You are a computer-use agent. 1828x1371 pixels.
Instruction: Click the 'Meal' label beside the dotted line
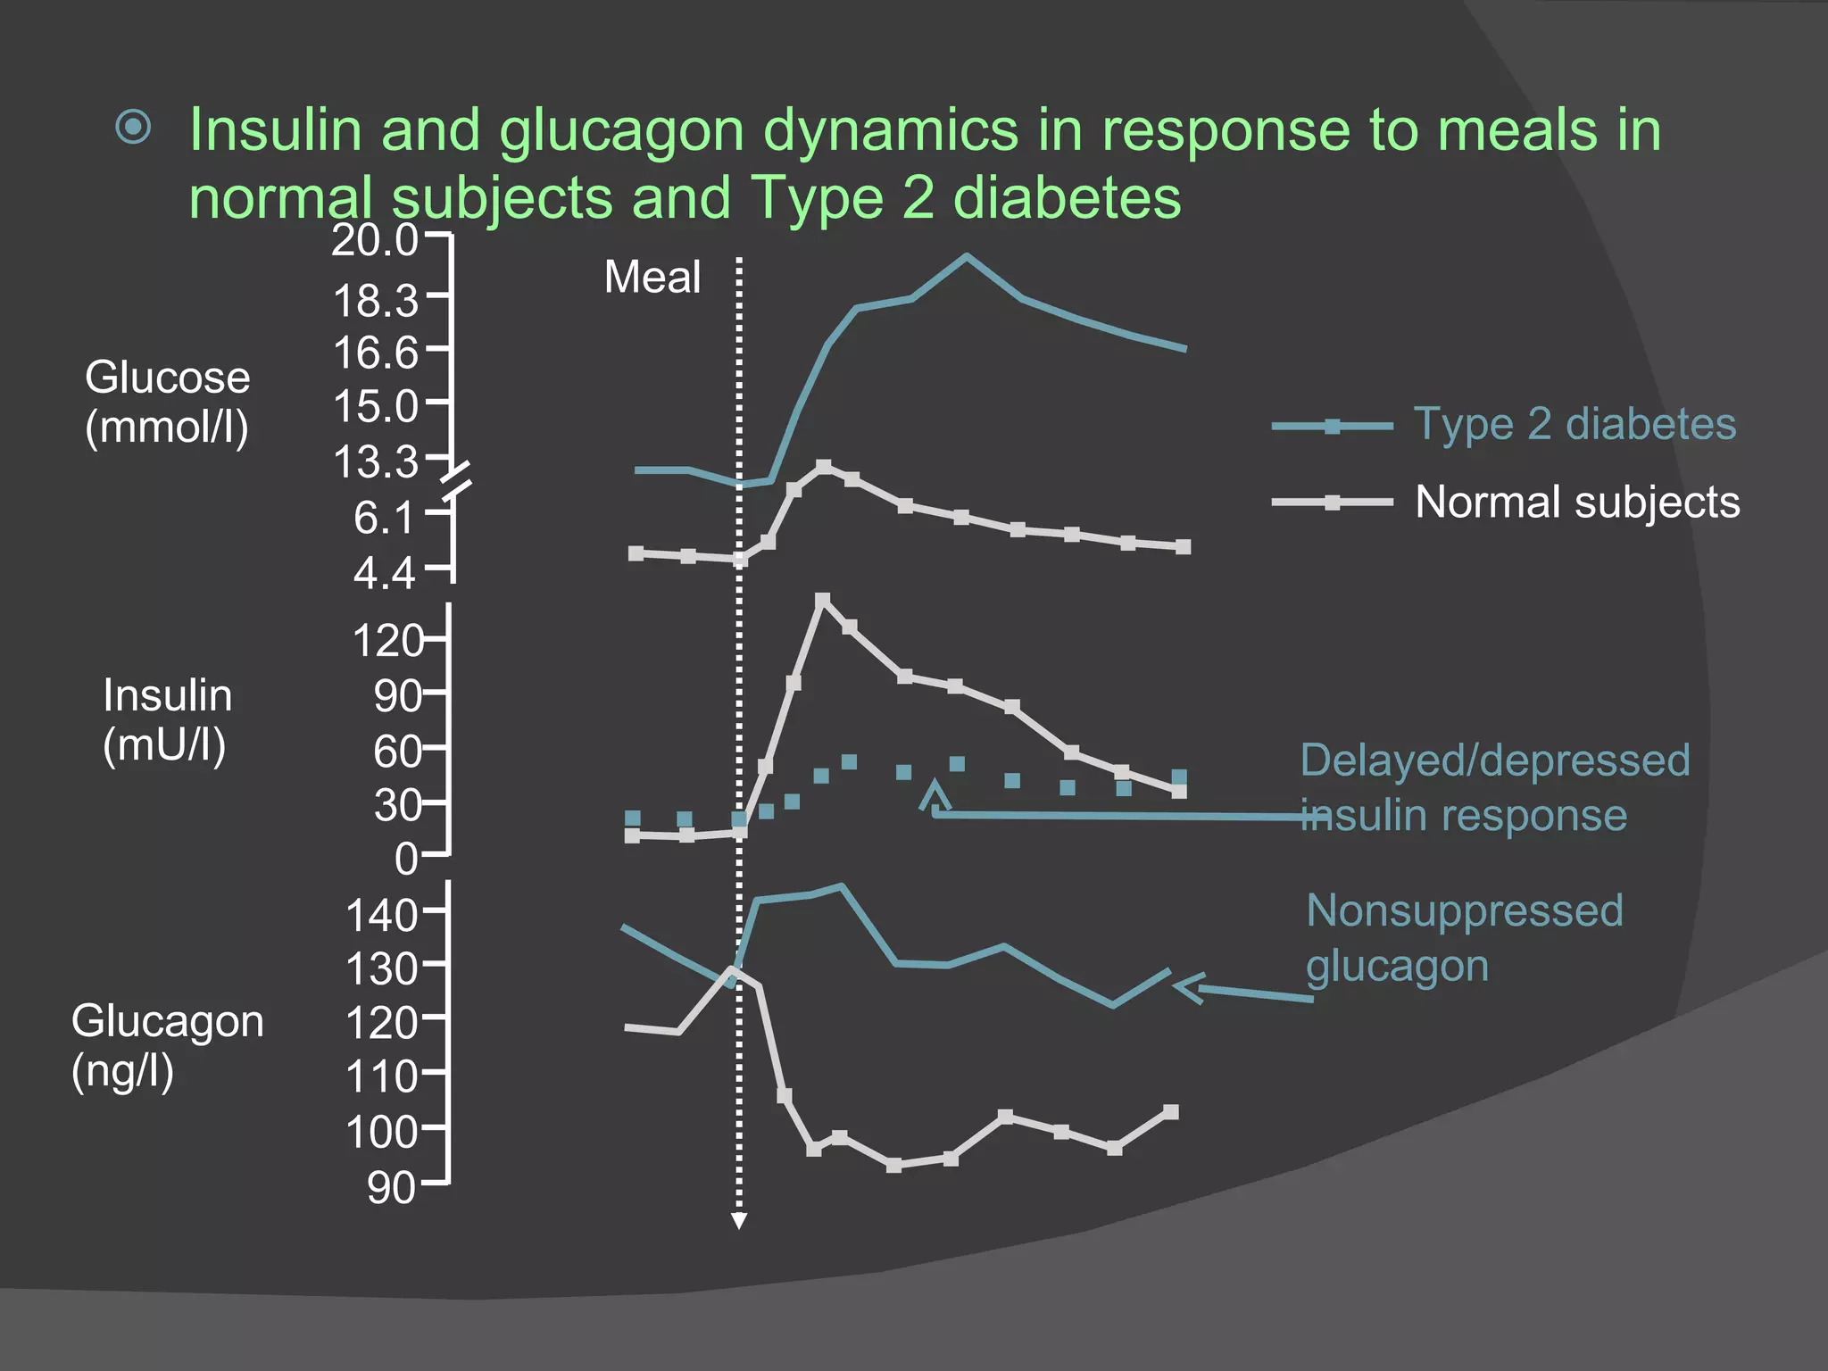click(652, 277)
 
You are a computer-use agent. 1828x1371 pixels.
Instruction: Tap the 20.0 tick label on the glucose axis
click(375, 241)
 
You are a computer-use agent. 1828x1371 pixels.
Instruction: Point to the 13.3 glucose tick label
click(376, 462)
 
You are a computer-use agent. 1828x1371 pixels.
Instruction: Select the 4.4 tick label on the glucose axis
click(385, 573)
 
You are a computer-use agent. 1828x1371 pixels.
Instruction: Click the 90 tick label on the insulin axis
click(397, 696)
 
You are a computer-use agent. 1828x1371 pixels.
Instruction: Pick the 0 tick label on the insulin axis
click(406, 860)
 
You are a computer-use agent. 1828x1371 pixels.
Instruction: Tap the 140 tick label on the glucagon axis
click(382, 916)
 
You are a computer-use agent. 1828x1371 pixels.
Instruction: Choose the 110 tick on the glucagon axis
click(382, 1077)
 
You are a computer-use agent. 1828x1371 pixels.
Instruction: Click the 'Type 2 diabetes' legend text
click(1575, 424)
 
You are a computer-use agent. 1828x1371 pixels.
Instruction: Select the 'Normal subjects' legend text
click(1577, 502)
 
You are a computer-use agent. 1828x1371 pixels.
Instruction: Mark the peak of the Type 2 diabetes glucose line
click(966, 256)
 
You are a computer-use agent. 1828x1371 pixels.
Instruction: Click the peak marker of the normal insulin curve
click(823, 600)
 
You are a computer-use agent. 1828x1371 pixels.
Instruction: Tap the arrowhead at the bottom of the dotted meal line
click(739, 1221)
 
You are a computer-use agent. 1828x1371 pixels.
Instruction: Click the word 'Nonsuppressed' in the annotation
click(1464, 911)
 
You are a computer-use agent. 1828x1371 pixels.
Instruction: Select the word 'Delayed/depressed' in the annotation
click(1495, 761)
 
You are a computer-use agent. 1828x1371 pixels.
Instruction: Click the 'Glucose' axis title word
click(168, 378)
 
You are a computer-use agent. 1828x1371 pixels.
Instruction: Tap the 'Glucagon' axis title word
click(168, 1021)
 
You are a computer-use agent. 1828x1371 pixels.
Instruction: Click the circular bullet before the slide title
click(134, 128)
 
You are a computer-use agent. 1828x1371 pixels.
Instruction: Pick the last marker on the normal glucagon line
click(1171, 1112)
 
